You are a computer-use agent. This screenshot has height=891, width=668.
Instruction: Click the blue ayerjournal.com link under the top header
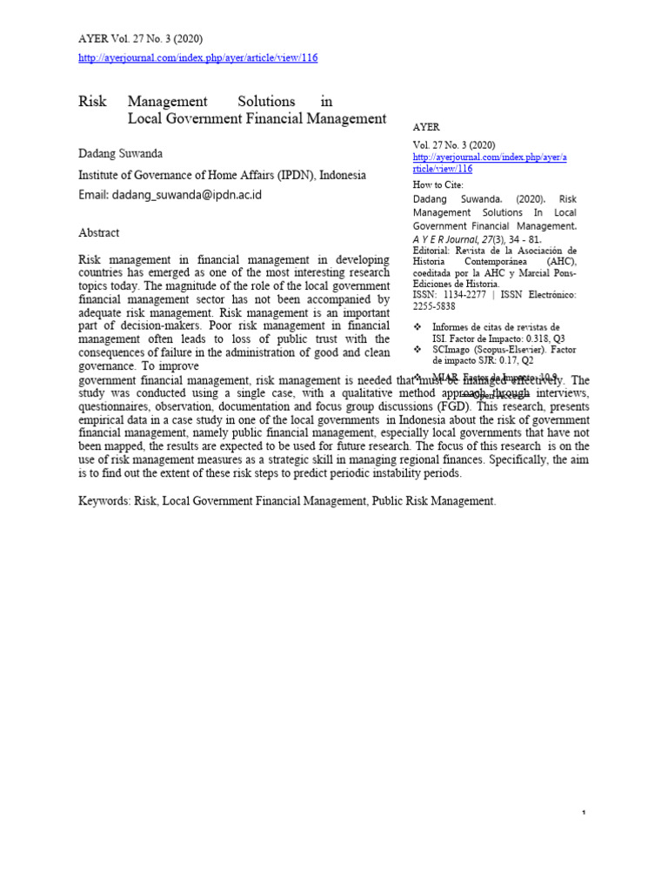198,57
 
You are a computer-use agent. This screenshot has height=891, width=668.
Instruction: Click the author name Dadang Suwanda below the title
121,153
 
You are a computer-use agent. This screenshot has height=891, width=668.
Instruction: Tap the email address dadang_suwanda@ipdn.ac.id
170,195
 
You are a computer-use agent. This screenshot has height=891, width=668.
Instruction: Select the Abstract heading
99,232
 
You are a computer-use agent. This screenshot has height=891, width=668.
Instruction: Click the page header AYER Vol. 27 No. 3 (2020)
141,38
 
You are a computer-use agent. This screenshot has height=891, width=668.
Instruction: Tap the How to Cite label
438,184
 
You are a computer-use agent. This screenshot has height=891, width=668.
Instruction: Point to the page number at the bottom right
584,813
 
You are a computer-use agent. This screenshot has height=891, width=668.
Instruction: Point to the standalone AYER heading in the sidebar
426,127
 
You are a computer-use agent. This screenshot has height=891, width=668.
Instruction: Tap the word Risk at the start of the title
92,102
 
